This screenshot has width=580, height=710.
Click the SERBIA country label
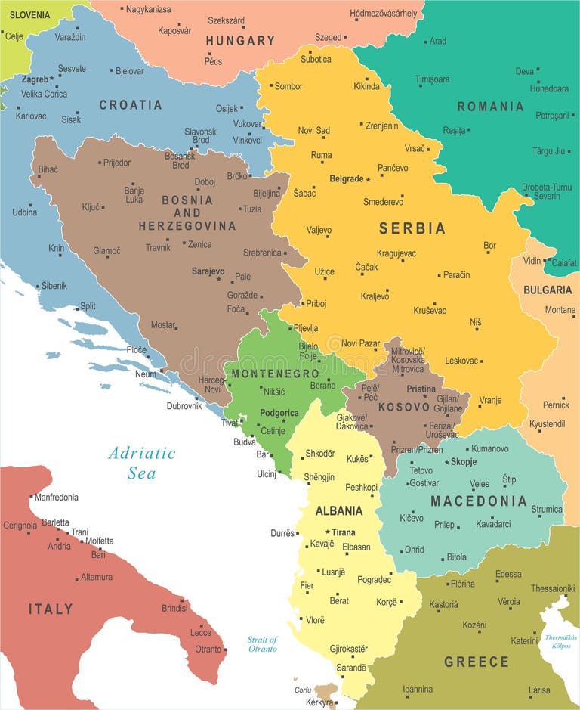412,228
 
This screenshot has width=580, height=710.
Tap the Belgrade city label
347,179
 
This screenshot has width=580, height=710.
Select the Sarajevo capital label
208,271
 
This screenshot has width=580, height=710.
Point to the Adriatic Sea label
141,463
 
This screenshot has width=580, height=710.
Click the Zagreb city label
35,79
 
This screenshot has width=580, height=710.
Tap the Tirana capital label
343,532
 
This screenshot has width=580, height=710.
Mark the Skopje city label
463,462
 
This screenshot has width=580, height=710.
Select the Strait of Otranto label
263,644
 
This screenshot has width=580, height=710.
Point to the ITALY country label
51,609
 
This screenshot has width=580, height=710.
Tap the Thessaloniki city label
552,588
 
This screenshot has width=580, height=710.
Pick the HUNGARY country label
240,41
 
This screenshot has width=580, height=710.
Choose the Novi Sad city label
313,130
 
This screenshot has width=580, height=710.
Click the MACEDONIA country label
478,501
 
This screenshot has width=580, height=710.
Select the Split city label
88,306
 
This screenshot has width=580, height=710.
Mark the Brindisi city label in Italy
174,608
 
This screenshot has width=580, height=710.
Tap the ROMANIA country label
489,107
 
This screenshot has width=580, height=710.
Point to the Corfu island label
302,690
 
